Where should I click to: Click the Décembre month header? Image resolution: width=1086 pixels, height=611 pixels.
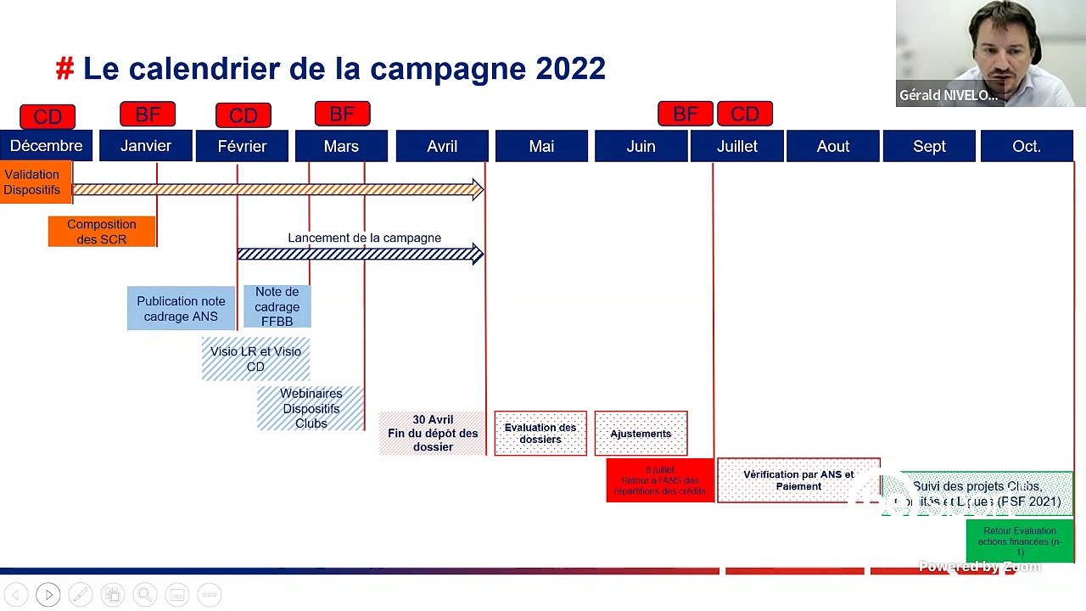47,146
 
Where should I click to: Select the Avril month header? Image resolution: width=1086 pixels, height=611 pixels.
442,146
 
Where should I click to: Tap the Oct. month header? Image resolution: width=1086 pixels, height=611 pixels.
1027,146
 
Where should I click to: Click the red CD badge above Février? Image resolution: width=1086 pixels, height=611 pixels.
244,115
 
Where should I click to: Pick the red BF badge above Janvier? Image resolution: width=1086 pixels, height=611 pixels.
148,114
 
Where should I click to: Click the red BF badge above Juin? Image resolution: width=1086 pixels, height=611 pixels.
685,114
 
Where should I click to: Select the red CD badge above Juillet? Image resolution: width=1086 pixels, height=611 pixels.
745,114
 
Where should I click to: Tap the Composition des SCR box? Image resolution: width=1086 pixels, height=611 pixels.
102,232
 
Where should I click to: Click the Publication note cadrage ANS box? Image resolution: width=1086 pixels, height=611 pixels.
181,309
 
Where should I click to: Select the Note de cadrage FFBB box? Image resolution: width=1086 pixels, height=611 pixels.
277,306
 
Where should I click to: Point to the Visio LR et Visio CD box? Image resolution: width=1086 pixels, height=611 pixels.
255,359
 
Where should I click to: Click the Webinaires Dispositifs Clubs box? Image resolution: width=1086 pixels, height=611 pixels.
311,408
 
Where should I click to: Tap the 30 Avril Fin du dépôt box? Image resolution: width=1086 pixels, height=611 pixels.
433,434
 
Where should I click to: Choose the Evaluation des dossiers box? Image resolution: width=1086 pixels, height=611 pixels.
540,434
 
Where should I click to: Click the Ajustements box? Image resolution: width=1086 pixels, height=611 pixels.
641,434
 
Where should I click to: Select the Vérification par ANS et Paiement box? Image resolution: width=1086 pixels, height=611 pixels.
798,480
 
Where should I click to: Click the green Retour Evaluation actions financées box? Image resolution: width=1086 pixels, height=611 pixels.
1020,541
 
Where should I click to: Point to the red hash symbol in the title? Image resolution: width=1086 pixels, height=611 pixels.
64,69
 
